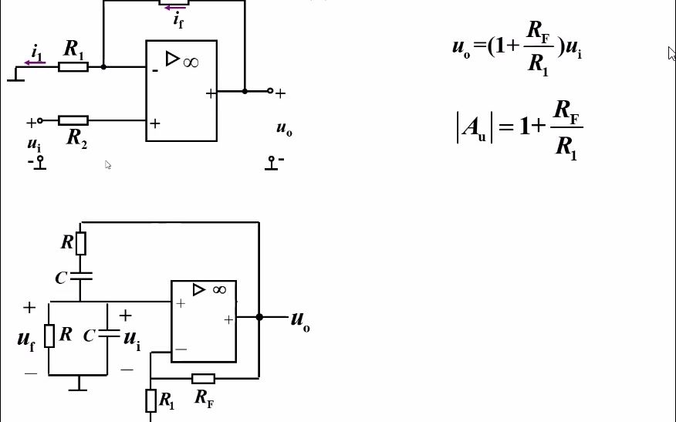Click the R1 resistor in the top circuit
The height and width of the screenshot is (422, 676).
point(73,67)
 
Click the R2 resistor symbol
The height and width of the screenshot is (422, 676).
point(73,120)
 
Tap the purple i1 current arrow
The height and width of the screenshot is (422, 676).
point(35,62)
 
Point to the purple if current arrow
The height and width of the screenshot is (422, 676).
point(174,8)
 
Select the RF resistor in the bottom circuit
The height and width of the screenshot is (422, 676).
point(203,378)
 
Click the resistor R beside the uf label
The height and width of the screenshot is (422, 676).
point(49,336)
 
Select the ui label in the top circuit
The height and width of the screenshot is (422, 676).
point(34,144)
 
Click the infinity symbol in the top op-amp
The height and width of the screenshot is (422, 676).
point(191,61)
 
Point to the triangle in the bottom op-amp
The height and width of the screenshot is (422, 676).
point(199,289)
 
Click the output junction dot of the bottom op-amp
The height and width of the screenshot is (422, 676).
point(259,316)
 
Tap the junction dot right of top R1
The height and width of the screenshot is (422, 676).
point(103,67)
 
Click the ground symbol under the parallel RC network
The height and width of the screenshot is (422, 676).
point(77,383)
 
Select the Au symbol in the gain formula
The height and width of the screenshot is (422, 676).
point(473,128)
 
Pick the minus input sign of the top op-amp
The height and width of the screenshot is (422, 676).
point(155,70)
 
